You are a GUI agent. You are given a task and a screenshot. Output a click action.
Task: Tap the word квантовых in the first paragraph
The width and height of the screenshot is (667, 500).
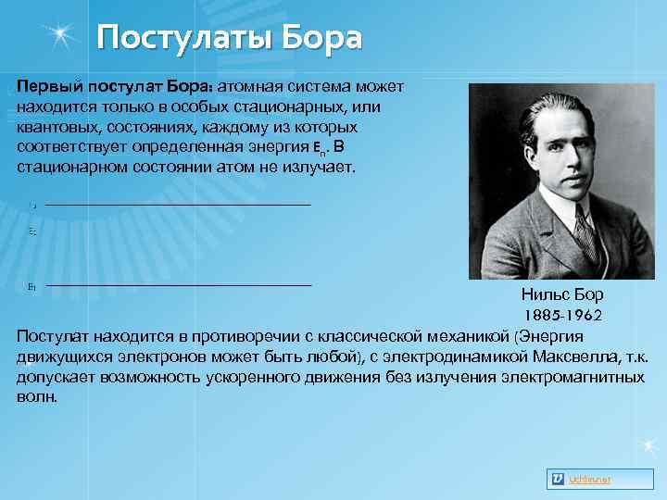tap(55, 127)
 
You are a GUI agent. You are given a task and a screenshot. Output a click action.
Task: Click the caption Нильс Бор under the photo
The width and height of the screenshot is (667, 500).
tap(562, 295)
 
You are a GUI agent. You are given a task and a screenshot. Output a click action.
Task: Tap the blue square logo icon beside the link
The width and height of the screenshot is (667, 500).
tap(558, 479)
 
